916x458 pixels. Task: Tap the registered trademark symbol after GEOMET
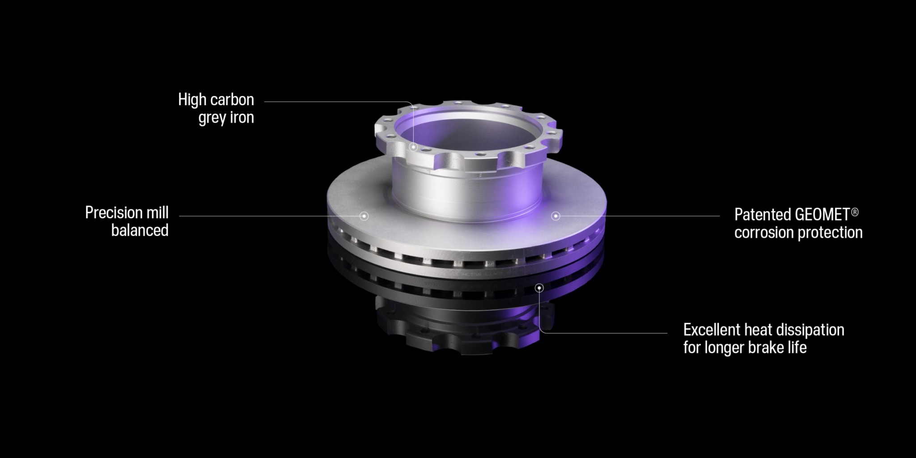point(855,212)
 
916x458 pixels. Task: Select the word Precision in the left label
point(114,212)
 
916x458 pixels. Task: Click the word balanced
point(140,230)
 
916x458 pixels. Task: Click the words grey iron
point(226,118)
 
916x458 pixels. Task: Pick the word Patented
point(763,215)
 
